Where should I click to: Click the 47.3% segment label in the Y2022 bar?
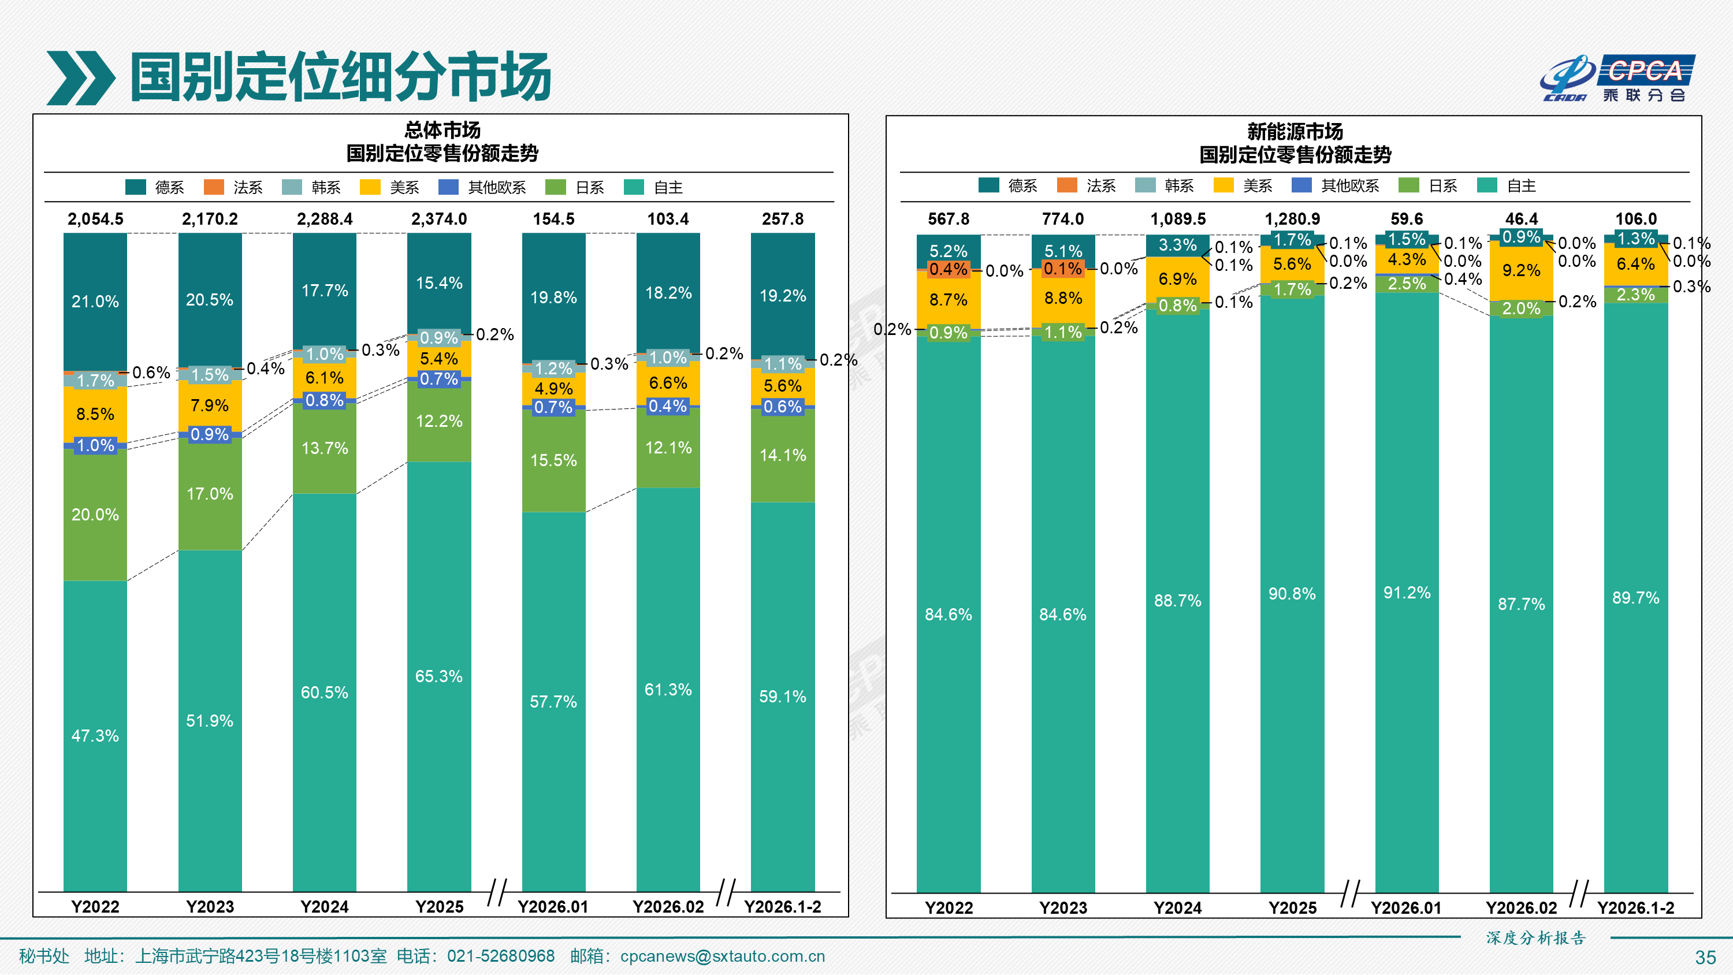coord(95,735)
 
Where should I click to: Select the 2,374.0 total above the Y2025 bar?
coord(438,219)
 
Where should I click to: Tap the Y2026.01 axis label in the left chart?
coord(553,906)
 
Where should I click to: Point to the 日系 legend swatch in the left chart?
coord(556,187)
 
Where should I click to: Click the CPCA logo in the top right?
coord(1617,78)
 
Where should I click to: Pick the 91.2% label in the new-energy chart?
coord(1407,593)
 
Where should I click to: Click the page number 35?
coord(1705,958)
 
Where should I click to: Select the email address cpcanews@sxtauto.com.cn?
coord(723,956)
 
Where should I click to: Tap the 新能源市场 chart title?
coord(1295,131)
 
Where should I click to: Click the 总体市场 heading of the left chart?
coord(442,130)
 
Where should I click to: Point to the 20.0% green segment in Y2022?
coord(95,515)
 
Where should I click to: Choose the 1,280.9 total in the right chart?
coord(1292,219)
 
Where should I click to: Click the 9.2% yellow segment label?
coord(1521,270)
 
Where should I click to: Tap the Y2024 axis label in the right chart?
coord(1177,908)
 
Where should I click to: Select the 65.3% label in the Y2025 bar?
coord(438,676)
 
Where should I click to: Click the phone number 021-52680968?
coord(500,956)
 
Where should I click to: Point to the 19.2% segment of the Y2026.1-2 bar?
coord(782,295)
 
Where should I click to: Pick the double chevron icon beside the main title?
coord(81,78)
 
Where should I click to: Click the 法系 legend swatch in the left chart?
coord(214,187)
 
